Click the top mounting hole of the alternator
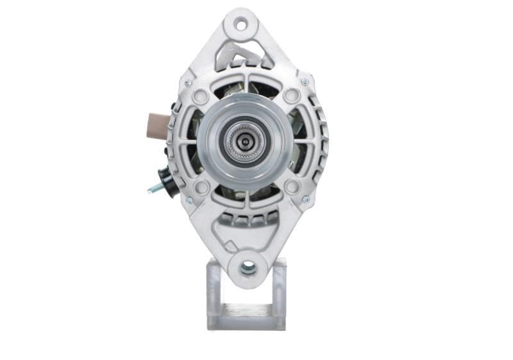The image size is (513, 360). click(x=241, y=26)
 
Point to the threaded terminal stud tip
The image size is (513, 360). click(x=150, y=190)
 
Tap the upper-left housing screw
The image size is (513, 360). click(x=187, y=83)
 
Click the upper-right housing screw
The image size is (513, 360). click(x=305, y=82)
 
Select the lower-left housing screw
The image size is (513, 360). click(x=189, y=200)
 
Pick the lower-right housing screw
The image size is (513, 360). click(x=306, y=200)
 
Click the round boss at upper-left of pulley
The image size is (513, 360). click(x=200, y=97)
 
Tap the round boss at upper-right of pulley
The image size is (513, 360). click(x=292, y=96)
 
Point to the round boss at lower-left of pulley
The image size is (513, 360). click(x=201, y=187)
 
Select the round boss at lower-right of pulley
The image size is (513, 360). click(x=292, y=187)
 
